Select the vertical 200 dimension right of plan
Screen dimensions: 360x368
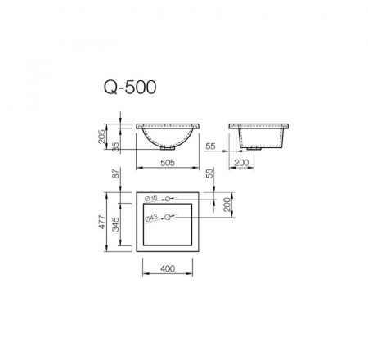228,205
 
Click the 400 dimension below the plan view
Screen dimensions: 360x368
168,268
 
